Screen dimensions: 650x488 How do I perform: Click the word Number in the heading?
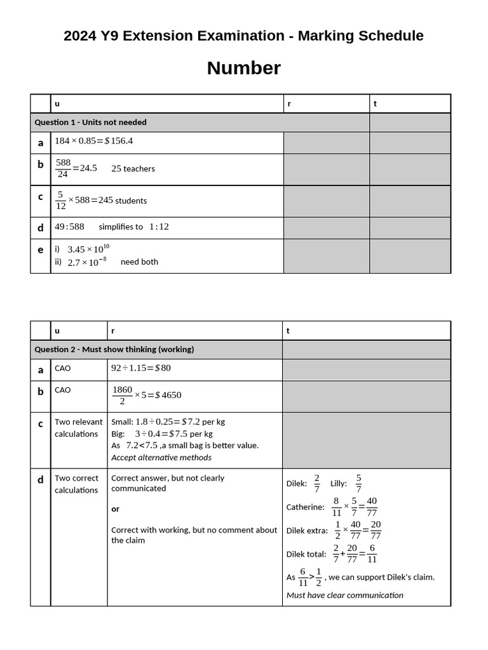tap(243, 68)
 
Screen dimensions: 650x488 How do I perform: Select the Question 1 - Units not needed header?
tap(90, 123)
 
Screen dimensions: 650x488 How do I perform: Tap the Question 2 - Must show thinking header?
tap(114, 350)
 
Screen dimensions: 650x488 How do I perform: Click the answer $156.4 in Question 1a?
tap(119, 141)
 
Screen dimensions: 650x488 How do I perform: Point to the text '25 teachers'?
tap(133, 169)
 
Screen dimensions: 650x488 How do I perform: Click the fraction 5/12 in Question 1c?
tap(60, 200)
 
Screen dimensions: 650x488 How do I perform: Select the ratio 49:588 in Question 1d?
tap(69, 227)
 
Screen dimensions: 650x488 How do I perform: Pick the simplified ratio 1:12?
tap(159, 227)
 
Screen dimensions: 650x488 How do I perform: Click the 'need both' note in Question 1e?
tap(139, 262)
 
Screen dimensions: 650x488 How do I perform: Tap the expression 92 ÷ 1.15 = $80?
tap(141, 368)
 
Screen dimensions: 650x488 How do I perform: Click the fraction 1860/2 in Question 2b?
tap(122, 395)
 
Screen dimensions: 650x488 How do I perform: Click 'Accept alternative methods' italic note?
tap(161, 458)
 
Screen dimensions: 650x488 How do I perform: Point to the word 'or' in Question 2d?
tap(115, 509)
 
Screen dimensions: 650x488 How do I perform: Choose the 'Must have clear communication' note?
tap(344, 595)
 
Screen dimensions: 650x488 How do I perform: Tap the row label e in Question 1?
tap(40, 250)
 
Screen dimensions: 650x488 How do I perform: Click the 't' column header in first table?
tap(375, 104)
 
